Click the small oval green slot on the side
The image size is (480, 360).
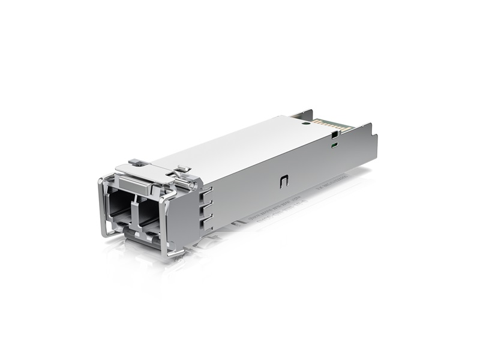click(334, 144)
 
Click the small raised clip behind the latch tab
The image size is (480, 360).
click(183, 169)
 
